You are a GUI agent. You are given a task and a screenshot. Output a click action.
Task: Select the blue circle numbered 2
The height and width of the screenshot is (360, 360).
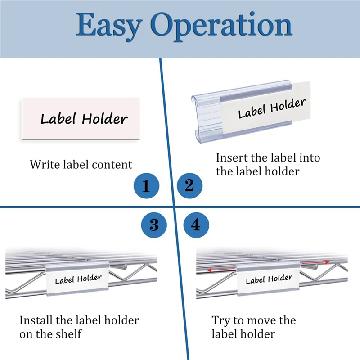pyautogui.click(x=189, y=185)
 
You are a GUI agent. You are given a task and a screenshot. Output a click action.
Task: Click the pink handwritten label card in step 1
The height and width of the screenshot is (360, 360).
pyautogui.click(x=80, y=118)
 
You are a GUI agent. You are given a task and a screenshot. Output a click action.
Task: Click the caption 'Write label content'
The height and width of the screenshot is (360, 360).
pyautogui.click(x=81, y=165)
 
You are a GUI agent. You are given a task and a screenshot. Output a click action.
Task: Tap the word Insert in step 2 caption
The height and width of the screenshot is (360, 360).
pyautogui.click(x=231, y=158)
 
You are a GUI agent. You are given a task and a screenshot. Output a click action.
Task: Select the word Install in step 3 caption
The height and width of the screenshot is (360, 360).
pyautogui.click(x=36, y=321)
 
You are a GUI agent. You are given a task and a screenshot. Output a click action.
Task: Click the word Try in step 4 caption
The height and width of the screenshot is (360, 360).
pyautogui.click(x=220, y=321)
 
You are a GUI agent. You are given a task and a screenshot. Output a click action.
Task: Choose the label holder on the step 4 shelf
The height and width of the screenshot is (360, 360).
pyautogui.click(x=269, y=280)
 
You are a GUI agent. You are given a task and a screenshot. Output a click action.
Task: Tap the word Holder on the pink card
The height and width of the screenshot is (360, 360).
pyautogui.click(x=105, y=119)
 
